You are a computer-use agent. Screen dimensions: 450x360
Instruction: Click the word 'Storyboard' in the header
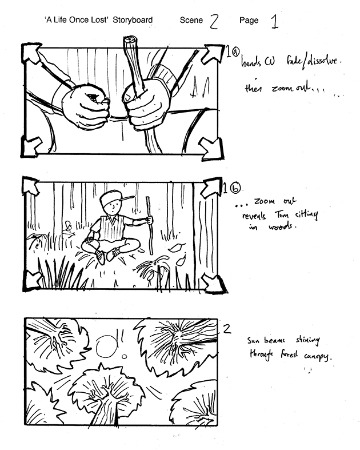(x=133, y=20)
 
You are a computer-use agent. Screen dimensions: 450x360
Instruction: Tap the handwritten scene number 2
(x=214, y=21)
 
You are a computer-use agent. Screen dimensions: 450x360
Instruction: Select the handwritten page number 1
(x=274, y=21)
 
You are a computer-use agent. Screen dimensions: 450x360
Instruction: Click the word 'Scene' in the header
(x=191, y=20)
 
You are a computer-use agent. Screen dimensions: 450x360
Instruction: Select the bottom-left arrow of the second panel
(x=33, y=280)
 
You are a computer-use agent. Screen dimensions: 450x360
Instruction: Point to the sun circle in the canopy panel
(x=106, y=347)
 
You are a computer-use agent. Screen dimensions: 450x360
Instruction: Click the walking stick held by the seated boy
(x=149, y=226)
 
